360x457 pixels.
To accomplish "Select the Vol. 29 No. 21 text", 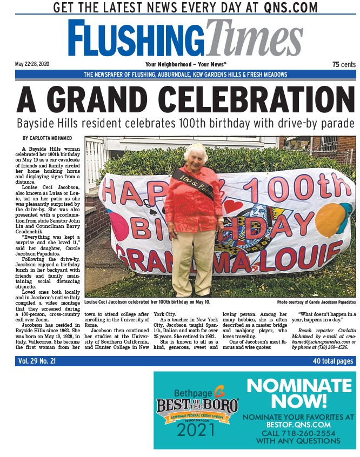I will coord(38,361).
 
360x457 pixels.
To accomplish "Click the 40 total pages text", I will coord(332,361).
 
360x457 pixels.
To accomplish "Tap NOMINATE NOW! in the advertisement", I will coord(299,393).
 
